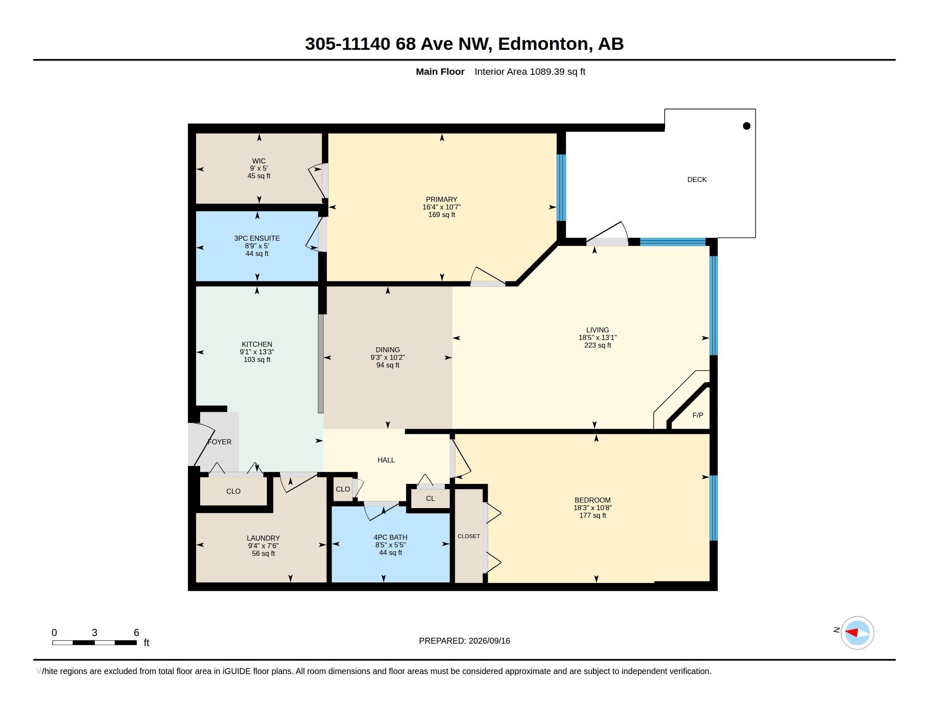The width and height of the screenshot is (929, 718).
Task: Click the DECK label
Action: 697,179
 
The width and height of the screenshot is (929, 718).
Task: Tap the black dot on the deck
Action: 747,125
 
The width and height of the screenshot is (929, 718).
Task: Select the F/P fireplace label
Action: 698,415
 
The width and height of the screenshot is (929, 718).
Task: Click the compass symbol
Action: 857,633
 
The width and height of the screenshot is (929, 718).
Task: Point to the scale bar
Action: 95,642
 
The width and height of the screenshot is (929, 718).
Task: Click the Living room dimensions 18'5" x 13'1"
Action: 597,337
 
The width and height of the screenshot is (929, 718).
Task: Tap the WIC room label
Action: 258,161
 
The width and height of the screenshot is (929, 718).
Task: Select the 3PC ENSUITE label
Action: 257,238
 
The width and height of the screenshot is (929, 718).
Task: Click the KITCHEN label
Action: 257,344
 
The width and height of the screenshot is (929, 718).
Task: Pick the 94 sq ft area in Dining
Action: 388,365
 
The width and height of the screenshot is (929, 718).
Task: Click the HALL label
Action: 386,460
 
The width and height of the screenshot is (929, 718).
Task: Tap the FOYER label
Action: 220,442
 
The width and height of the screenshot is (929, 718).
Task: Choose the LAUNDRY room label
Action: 263,538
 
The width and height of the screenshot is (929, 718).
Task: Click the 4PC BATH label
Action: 391,537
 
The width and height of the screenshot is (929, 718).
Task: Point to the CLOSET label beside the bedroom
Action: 469,536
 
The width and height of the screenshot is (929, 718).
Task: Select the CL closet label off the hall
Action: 430,498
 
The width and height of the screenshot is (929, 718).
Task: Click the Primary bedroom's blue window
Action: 562,188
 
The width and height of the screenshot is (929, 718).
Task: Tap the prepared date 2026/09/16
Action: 489,641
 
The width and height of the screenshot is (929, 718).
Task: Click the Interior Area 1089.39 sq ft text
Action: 530,71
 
